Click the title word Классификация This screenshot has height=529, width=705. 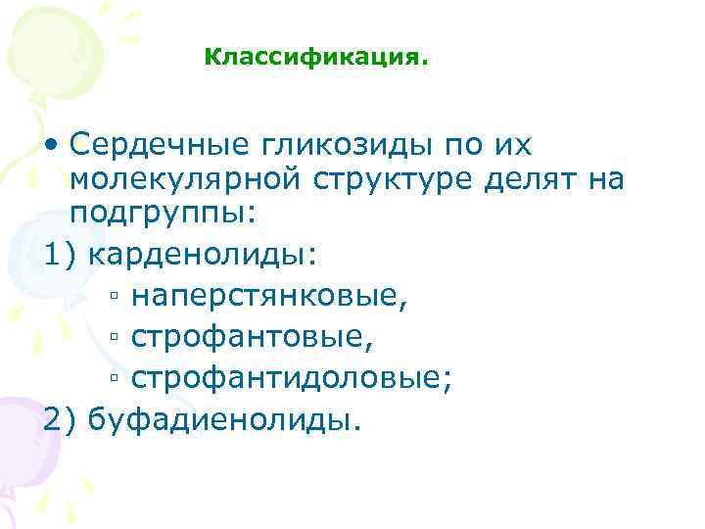click(x=316, y=58)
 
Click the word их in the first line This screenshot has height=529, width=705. click(x=512, y=145)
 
